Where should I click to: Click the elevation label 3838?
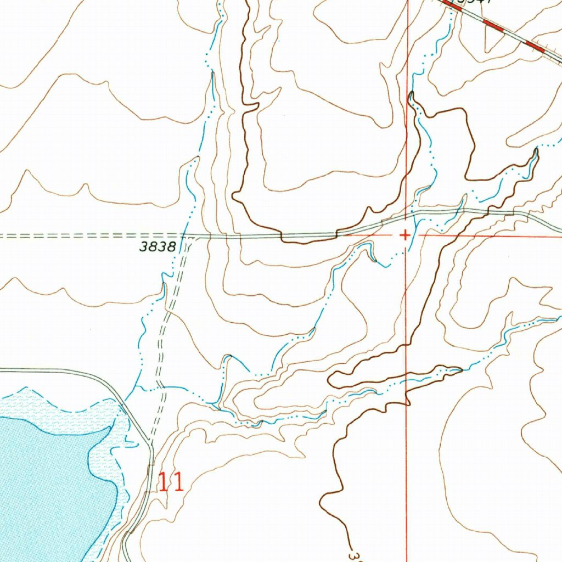157,247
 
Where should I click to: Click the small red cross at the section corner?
404,235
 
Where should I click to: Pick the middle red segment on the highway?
494,26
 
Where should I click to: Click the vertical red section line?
407,137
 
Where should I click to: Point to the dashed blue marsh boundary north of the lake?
71,409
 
